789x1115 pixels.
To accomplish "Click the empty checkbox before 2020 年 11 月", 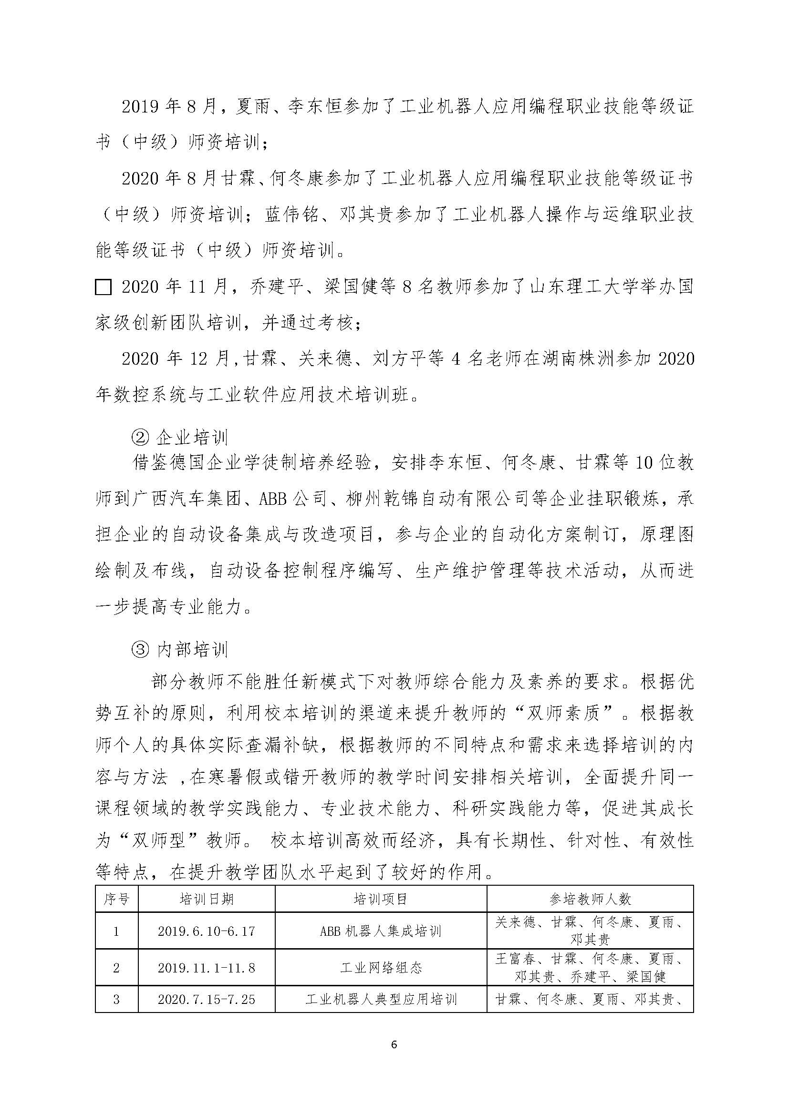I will tap(103, 287).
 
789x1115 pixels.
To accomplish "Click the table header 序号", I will tap(116, 899).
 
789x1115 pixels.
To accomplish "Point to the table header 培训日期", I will tap(207, 899).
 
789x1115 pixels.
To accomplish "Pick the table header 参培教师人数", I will tap(590, 899).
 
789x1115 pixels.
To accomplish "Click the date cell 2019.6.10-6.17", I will tap(207, 931).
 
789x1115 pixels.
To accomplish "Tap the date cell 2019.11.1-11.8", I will tap(207, 968).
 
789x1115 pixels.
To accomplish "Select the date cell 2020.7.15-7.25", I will tap(207, 1000).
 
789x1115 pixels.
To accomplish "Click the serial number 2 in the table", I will tap(116, 968).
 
